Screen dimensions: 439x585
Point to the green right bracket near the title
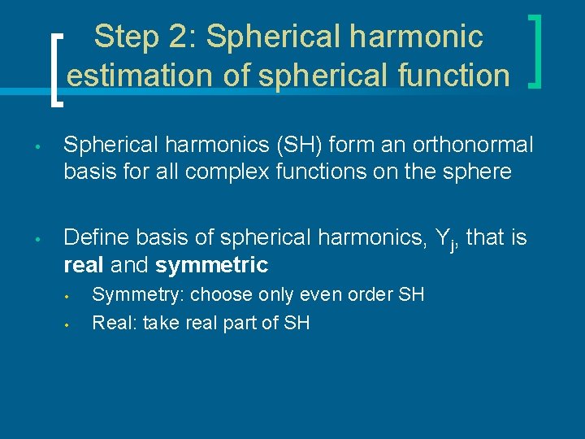coord(535,50)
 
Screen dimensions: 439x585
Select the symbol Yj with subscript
coord(444,239)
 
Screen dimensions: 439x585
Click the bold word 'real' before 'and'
coord(84,264)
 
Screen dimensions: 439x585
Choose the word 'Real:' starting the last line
coord(113,323)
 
